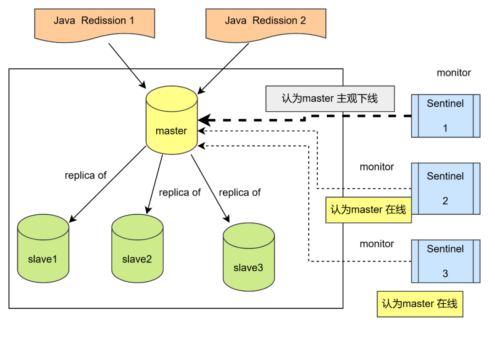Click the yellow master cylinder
[x=171, y=121]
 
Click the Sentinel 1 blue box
[x=445, y=116]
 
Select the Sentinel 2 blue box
[x=445, y=188]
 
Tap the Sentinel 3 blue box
[x=445, y=261]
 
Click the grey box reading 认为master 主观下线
[x=330, y=98]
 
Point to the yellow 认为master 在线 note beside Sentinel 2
[x=368, y=210]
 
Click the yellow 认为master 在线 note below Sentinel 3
[x=419, y=304]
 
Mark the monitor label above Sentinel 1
[x=453, y=73]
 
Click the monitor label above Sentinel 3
[x=376, y=244]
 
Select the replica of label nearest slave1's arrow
[x=86, y=175]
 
